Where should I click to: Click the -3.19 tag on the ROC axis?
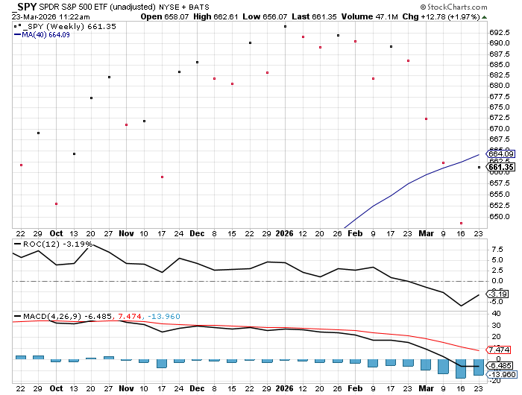[x=497, y=294]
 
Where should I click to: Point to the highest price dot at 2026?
[x=285, y=26]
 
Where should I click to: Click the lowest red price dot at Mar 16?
[x=462, y=223]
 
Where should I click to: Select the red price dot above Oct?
[x=56, y=203]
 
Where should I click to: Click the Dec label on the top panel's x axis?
[x=196, y=233]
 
